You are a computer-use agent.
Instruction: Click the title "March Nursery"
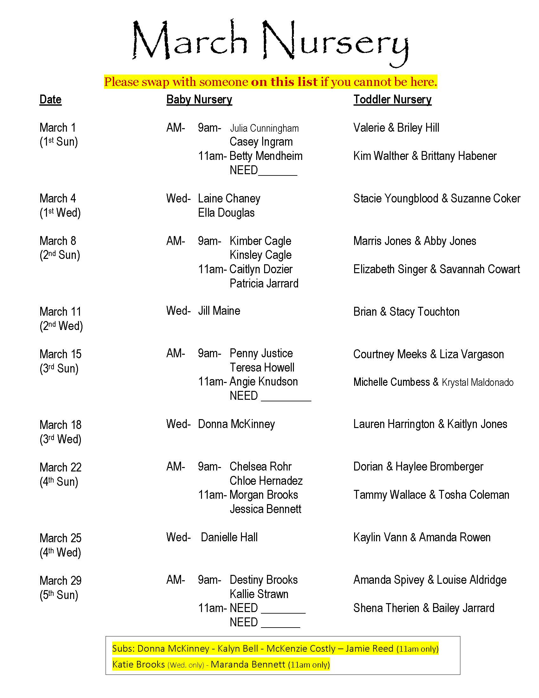[270, 42]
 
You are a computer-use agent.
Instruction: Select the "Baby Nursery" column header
[199, 100]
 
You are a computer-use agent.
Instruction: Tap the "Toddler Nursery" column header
[392, 100]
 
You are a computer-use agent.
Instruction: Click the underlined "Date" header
[50, 100]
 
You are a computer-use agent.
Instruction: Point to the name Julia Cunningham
[264, 128]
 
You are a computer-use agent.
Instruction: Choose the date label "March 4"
[57, 199]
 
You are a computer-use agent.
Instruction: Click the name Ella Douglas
[226, 213]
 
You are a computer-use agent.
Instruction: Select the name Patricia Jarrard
[264, 283]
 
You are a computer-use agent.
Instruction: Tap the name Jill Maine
[219, 311]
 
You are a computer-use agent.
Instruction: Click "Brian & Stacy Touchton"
[406, 312]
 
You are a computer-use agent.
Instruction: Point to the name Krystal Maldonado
[477, 382]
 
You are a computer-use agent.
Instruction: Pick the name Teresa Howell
[262, 367]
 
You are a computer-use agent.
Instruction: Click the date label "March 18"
[60, 425]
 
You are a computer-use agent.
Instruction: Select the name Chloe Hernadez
[266, 481]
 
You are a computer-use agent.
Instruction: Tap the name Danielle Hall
[229, 537]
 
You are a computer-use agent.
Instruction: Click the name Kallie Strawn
[259, 594]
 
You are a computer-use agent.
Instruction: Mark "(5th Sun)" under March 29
[59, 595]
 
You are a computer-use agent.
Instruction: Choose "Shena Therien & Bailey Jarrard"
[423, 608]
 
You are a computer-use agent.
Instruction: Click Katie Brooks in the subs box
[138, 664]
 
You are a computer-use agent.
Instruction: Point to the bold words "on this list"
[284, 82]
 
